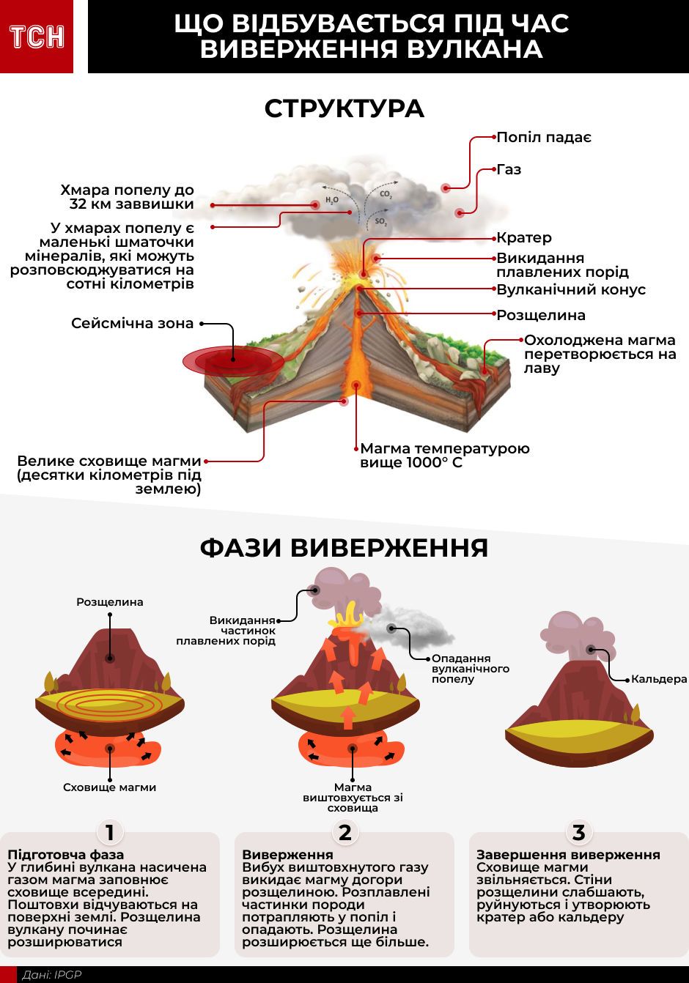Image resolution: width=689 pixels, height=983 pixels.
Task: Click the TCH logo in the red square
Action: click(37, 37)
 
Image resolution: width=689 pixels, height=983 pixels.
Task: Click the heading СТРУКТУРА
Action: click(344, 108)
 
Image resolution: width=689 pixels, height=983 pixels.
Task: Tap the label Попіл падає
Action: click(544, 137)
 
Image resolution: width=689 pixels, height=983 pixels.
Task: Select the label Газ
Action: click(509, 169)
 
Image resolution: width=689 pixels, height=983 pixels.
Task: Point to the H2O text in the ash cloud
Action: click(332, 200)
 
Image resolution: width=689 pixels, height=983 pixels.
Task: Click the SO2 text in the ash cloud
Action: click(381, 221)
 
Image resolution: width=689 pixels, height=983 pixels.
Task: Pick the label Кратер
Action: click(524, 237)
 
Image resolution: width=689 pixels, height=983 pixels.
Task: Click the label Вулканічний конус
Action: click(571, 289)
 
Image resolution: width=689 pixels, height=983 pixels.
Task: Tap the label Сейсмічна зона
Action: click(133, 323)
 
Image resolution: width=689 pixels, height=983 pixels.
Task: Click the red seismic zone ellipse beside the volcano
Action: click(232, 360)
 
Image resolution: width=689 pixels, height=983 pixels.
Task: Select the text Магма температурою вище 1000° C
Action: click(444, 455)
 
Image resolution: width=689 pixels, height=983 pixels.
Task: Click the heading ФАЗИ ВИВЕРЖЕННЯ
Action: click(344, 548)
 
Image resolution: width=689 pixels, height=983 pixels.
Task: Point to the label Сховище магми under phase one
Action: click(110, 787)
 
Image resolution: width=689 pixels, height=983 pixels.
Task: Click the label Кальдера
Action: click(659, 679)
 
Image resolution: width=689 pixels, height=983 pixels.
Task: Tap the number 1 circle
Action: click(110, 832)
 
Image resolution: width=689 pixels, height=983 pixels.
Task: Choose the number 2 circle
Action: click(344, 832)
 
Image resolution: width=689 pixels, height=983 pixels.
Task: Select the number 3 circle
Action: click(579, 832)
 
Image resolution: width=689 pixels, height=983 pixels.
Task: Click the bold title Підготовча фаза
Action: click(65, 854)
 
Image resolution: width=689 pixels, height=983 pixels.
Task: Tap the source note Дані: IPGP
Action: click(52, 975)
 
